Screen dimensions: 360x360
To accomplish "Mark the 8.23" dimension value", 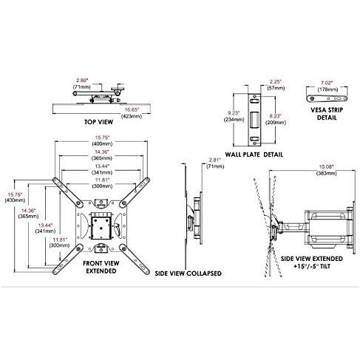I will coord(276,116).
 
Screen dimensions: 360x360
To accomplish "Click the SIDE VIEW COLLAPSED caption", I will coord(188,273).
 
